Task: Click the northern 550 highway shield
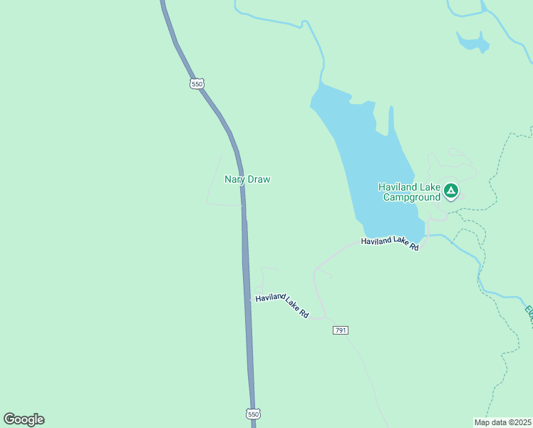pyautogui.click(x=197, y=83)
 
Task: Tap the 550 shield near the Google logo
pyautogui.click(x=254, y=414)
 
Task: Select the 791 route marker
pyautogui.click(x=341, y=330)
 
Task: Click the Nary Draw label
pyautogui.click(x=247, y=180)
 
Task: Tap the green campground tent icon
pyautogui.click(x=450, y=190)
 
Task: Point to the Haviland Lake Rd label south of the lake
pyautogui.click(x=389, y=242)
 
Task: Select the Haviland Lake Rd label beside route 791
pyautogui.click(x=282, y=305)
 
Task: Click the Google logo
pyautogui.click(x=24, y=419)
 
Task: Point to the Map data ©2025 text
pyautogui.click(x=502, y=422)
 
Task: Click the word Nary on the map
pyautogui.click(x=235, y=180)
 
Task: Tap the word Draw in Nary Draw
pyautogui.click(x=259, y=180)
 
